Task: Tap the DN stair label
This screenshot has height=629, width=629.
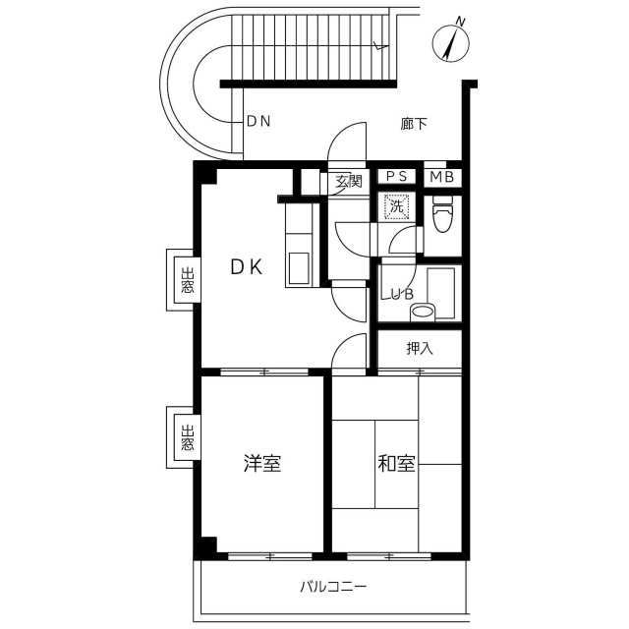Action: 258,121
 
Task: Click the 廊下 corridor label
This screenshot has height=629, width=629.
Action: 414,124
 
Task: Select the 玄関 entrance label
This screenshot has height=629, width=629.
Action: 349,181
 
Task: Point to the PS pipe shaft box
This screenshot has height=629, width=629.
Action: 397,177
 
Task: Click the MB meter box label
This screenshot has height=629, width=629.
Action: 441,177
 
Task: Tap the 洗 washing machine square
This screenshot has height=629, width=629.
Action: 397,207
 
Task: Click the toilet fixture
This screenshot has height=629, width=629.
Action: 442,214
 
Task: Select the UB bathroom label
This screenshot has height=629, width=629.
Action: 402,294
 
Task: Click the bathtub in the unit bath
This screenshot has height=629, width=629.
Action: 441,293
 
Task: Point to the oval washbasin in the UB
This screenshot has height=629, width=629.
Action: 423,312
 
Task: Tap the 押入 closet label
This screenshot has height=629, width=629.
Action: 420,348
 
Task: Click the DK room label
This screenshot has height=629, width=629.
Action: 247,266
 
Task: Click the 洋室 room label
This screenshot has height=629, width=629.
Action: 262,463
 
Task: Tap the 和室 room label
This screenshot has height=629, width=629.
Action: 396,463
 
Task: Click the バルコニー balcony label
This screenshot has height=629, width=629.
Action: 333,588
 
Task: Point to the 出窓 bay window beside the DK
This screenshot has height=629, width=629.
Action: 184,280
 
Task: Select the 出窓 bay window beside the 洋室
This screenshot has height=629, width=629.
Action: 184,437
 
